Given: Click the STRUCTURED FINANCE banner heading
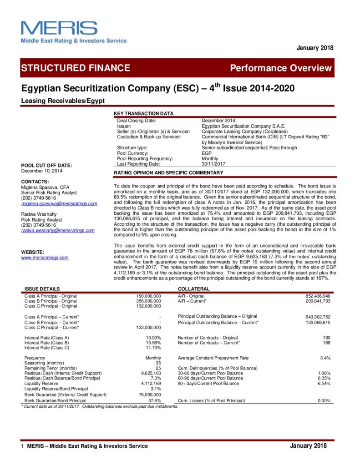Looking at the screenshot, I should point(75,68).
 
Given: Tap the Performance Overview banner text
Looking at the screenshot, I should point(281,68).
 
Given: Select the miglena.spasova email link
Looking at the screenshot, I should point(59,203).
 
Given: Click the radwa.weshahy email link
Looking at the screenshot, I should point(58,230).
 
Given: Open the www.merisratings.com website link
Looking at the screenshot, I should point(45,258).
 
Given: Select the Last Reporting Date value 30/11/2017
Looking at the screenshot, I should point(214,164).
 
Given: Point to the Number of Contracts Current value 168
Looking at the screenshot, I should point(326,343).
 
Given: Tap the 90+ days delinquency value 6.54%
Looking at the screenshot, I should point(323,384).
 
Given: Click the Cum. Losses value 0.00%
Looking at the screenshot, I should point(323,400).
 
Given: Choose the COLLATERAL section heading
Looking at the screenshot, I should point(193,289).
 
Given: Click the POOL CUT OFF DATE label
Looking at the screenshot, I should point(46,165).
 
